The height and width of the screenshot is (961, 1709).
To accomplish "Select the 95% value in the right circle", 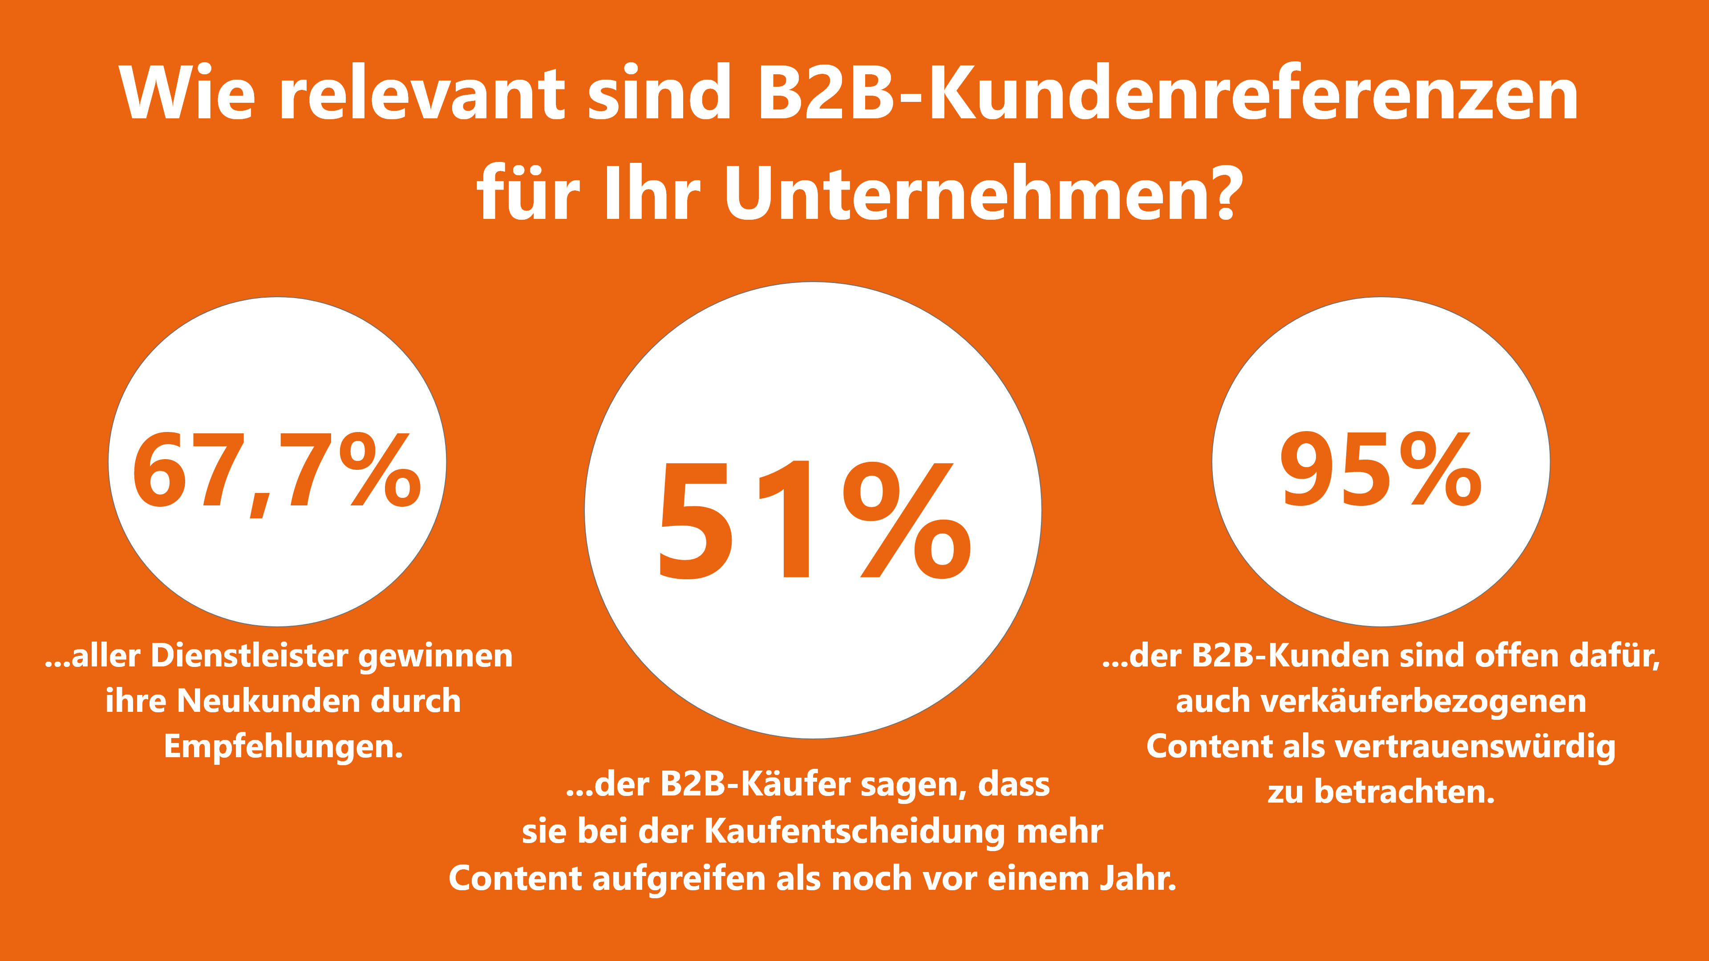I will point(1380,469).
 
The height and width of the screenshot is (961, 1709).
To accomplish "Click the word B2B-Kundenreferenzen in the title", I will point(1168,94).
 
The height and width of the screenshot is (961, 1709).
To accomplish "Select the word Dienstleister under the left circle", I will point(249,656).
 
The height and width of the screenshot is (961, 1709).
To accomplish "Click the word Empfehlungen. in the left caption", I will point(283,747).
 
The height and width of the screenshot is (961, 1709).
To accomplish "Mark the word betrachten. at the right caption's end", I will point(1405,792).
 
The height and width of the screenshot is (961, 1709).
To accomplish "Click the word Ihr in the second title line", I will point(652,194).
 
